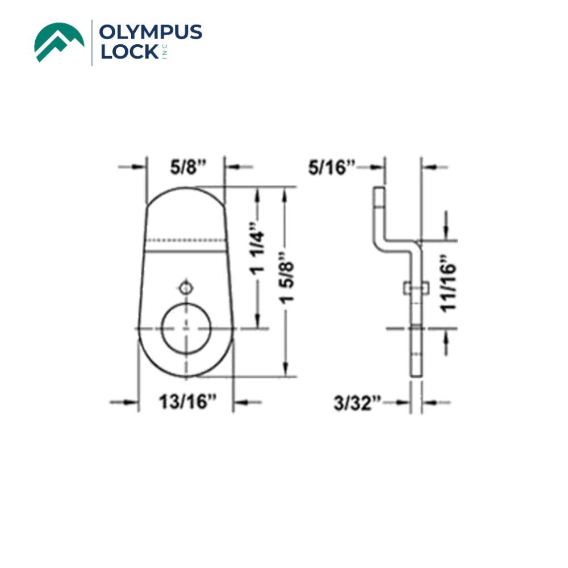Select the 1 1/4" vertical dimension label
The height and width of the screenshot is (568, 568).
pos(260,258)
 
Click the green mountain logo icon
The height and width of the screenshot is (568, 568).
pos(59,41)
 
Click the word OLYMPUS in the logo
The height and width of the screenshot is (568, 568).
pos(150,33)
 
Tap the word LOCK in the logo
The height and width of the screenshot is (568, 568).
pos(129,52)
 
